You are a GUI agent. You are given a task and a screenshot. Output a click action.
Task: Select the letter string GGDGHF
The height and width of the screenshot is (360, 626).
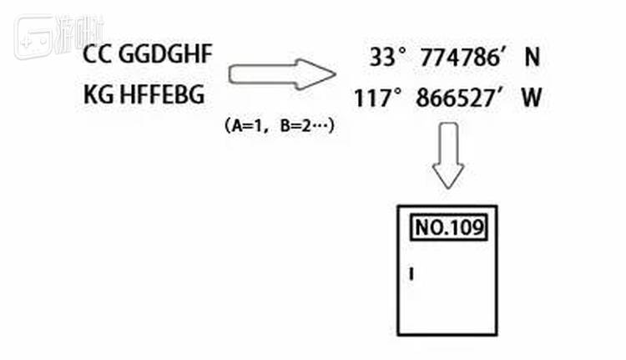[x=165, y=54]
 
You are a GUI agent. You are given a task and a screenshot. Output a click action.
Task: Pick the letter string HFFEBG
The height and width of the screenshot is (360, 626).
[x=162, y=94]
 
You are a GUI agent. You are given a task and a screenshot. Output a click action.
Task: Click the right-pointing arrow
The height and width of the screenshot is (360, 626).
[x=282, y=74]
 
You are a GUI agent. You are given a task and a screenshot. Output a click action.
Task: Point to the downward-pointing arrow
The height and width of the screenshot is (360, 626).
[x=448, y=155]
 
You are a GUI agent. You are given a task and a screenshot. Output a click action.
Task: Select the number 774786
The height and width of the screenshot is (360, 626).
[x=460, y=57]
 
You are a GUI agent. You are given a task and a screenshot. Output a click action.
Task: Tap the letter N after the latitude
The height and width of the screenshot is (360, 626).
[x=533, y=57]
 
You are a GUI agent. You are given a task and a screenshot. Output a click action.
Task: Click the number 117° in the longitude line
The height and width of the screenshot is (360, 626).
[x=377, y=99]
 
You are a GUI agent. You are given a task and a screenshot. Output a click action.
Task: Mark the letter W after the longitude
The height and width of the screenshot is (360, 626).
[x=532, y=99]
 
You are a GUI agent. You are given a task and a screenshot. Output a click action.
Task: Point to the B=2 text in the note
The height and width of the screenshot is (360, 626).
[x=295, y=126]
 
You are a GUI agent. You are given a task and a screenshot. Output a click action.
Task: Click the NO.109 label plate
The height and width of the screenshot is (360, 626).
[x=449, y=228]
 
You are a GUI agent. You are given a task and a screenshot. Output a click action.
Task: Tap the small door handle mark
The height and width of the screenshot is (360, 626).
[x=411, y=274]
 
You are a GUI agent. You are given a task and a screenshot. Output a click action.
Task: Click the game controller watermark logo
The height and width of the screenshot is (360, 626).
[x=34, y=37]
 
